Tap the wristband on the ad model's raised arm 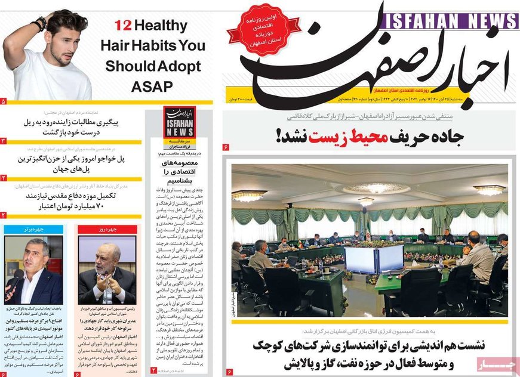pyautogui.click(x=40, y=24)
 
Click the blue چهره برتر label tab pyautogui.click(x=33, y=229)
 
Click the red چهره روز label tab pyautogui.click(x=107, y=229)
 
